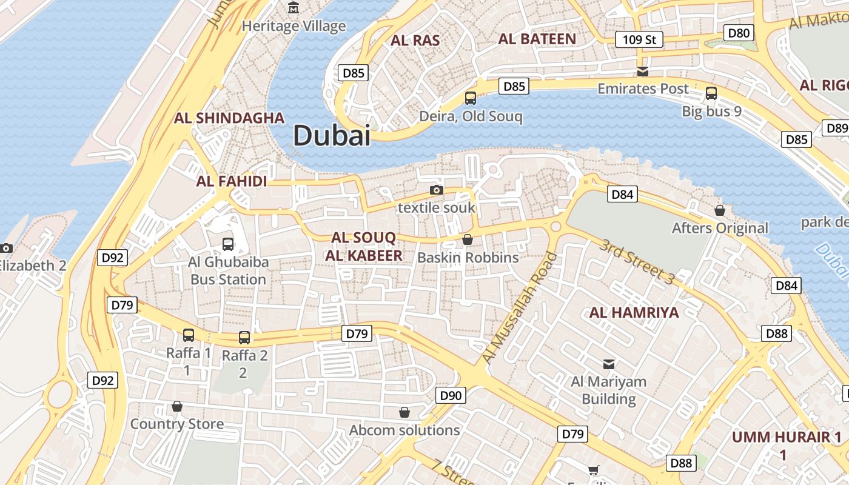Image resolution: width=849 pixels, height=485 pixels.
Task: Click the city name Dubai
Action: tap(331, 135)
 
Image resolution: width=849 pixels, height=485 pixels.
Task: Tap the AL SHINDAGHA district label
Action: tap(229, 118)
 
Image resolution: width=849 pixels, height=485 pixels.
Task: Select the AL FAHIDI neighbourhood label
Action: tap(232, 181)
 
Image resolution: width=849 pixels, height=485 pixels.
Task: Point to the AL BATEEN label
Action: tap(537, 39)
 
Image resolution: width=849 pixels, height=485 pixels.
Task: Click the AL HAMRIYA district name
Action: tap(634, 313)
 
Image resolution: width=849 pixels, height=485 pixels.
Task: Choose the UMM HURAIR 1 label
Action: tap(786, 438)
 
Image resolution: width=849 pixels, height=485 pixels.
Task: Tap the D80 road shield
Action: tap(739, 33)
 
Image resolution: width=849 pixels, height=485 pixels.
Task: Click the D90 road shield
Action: tap(451, 396)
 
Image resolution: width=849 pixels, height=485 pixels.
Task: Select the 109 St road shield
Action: tap(639, 40)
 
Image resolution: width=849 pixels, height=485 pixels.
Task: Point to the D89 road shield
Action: tap(836, 128)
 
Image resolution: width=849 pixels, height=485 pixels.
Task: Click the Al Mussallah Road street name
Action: tap(519, 309)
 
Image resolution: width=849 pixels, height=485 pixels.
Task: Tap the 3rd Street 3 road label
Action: tap(637, 262)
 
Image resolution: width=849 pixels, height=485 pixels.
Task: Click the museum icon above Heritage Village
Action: tap(294, 8)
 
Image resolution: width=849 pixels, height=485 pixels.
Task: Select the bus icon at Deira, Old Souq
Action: tap(470, 98)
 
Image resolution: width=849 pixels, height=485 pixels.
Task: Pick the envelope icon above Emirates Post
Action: tap(643, 72)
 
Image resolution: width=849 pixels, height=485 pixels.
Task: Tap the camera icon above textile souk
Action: tap(436, 190)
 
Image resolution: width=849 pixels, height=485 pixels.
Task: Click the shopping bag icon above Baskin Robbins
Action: tap(468, 239)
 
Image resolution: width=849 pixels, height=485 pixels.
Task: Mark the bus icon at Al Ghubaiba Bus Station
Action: tap(228, 244)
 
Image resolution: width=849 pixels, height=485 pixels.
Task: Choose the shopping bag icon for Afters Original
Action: tap(719, 210)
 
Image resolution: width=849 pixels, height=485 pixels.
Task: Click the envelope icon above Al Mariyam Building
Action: tap(608, 364)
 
